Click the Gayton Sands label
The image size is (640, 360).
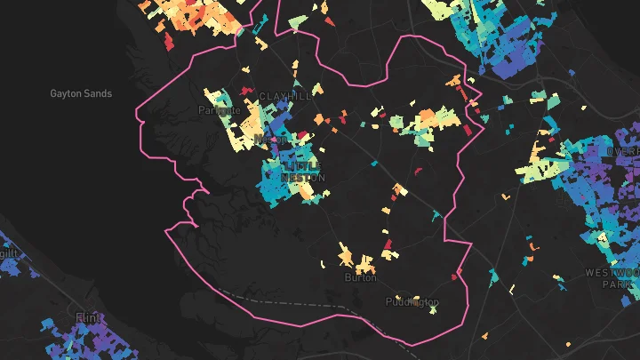tap(81, 93)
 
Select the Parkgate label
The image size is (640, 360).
tap(219, 111)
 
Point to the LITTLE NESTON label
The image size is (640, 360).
tap(304, 172)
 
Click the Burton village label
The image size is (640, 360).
tap(360, 277)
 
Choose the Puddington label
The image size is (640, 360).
tap(412, 302)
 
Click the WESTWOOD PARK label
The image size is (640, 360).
tap(612, 278)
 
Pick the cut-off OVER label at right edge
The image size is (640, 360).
tap(624, 151)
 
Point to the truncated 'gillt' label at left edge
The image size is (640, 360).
tap(9, 252)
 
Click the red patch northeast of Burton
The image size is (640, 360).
tap(387, 243)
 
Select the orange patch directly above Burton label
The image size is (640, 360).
tap(364, 263)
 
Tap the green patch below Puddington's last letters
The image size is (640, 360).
tap(433, 311)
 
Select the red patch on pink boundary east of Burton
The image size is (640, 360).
tap(456, 276)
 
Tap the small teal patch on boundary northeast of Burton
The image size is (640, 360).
tap(436, 213)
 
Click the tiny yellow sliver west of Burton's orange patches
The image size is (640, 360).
tap(323, 263)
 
